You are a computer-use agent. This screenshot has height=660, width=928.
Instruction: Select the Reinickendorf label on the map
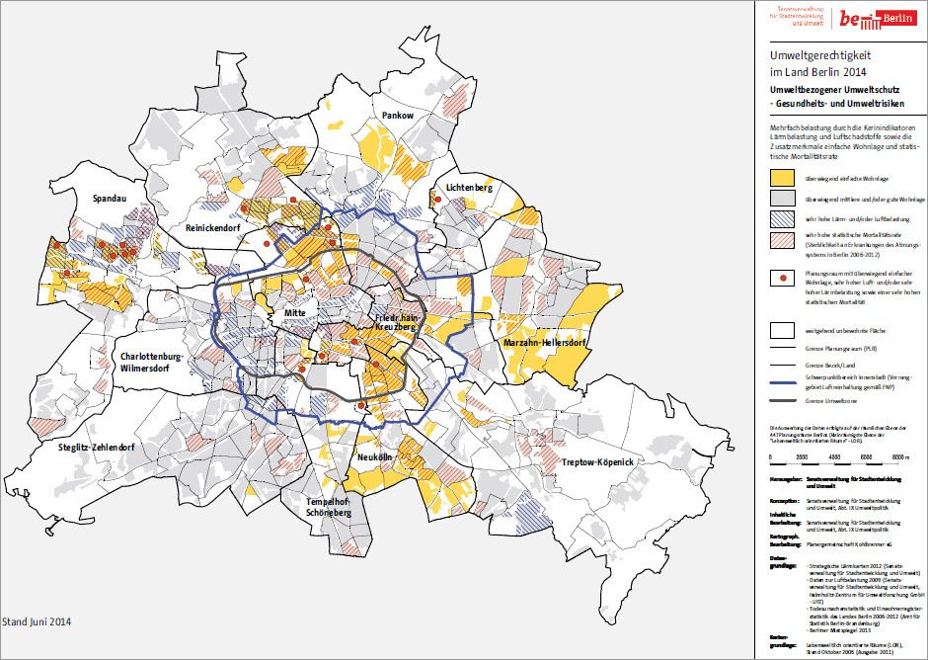point(220,227)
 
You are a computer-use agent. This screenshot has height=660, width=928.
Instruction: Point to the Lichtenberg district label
point(469,187)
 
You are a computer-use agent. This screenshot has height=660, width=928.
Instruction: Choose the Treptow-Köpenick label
point(596,462)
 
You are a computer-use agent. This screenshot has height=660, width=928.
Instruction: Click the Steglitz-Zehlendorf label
point(92,448)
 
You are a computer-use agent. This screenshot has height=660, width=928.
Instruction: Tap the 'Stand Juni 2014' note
point(37,621)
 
